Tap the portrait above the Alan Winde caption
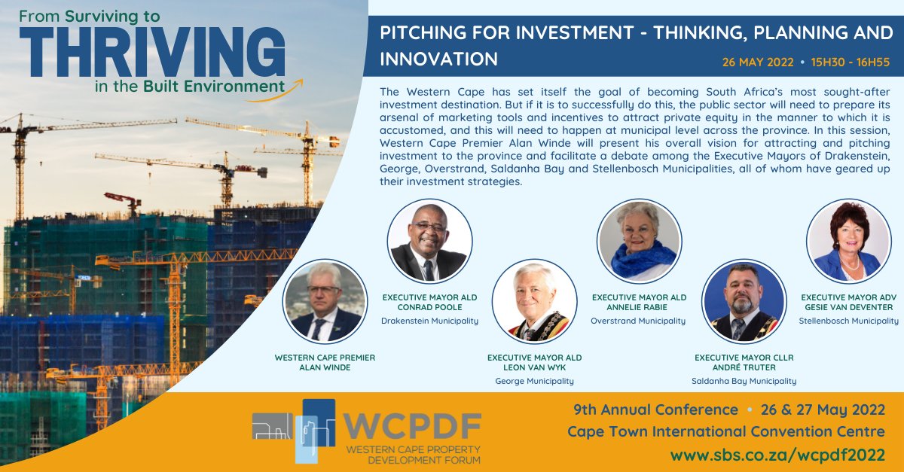click(325, 301)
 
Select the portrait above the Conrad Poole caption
click(429, 241)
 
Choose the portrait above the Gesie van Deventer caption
click(847, 241)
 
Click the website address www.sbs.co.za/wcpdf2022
click(778, 455)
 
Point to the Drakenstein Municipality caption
click(430, 321)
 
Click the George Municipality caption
click(534, 381)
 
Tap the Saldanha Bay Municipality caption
click(744, 381)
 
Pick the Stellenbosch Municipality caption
click(848, 321)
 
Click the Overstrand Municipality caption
click(639, 321)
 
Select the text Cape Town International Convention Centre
click(726, 432)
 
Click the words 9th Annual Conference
click(655, 410)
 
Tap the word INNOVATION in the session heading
click(438, 59)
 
